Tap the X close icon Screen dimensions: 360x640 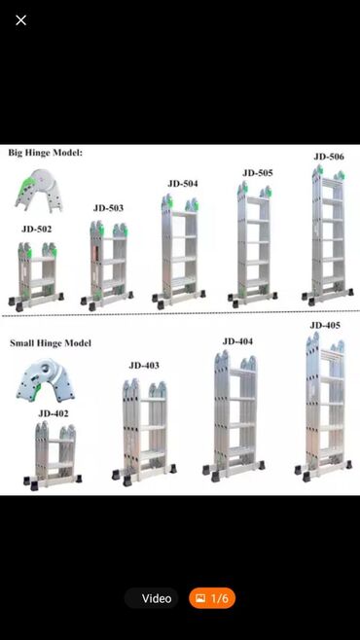coord(20,20)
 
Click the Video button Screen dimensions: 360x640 coord(152,598)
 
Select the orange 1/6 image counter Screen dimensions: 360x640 coord(212,598)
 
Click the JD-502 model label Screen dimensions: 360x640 coord(37,230)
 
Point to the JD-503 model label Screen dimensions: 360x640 coord(108,208)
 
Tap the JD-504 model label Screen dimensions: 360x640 coord(183,184)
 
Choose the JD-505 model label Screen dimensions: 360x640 coord(258,173)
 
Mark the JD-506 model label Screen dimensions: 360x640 coord(329,157)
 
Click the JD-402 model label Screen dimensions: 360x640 coord(54,414)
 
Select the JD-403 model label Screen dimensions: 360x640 coord(144,366)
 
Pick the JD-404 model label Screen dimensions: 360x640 coord(237,341)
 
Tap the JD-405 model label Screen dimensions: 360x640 coord(325,325)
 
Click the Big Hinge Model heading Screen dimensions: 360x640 coord(46,153)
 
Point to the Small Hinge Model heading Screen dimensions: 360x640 coord(51,342)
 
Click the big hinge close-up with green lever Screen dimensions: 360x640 coord(39,191)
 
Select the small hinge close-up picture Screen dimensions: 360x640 coord(45,380)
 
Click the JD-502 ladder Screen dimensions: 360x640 coord(36,275)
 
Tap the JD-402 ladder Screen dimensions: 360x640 coord(54,455)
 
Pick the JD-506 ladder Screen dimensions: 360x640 coord(328,235)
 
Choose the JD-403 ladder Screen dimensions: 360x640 coord(145,432)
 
